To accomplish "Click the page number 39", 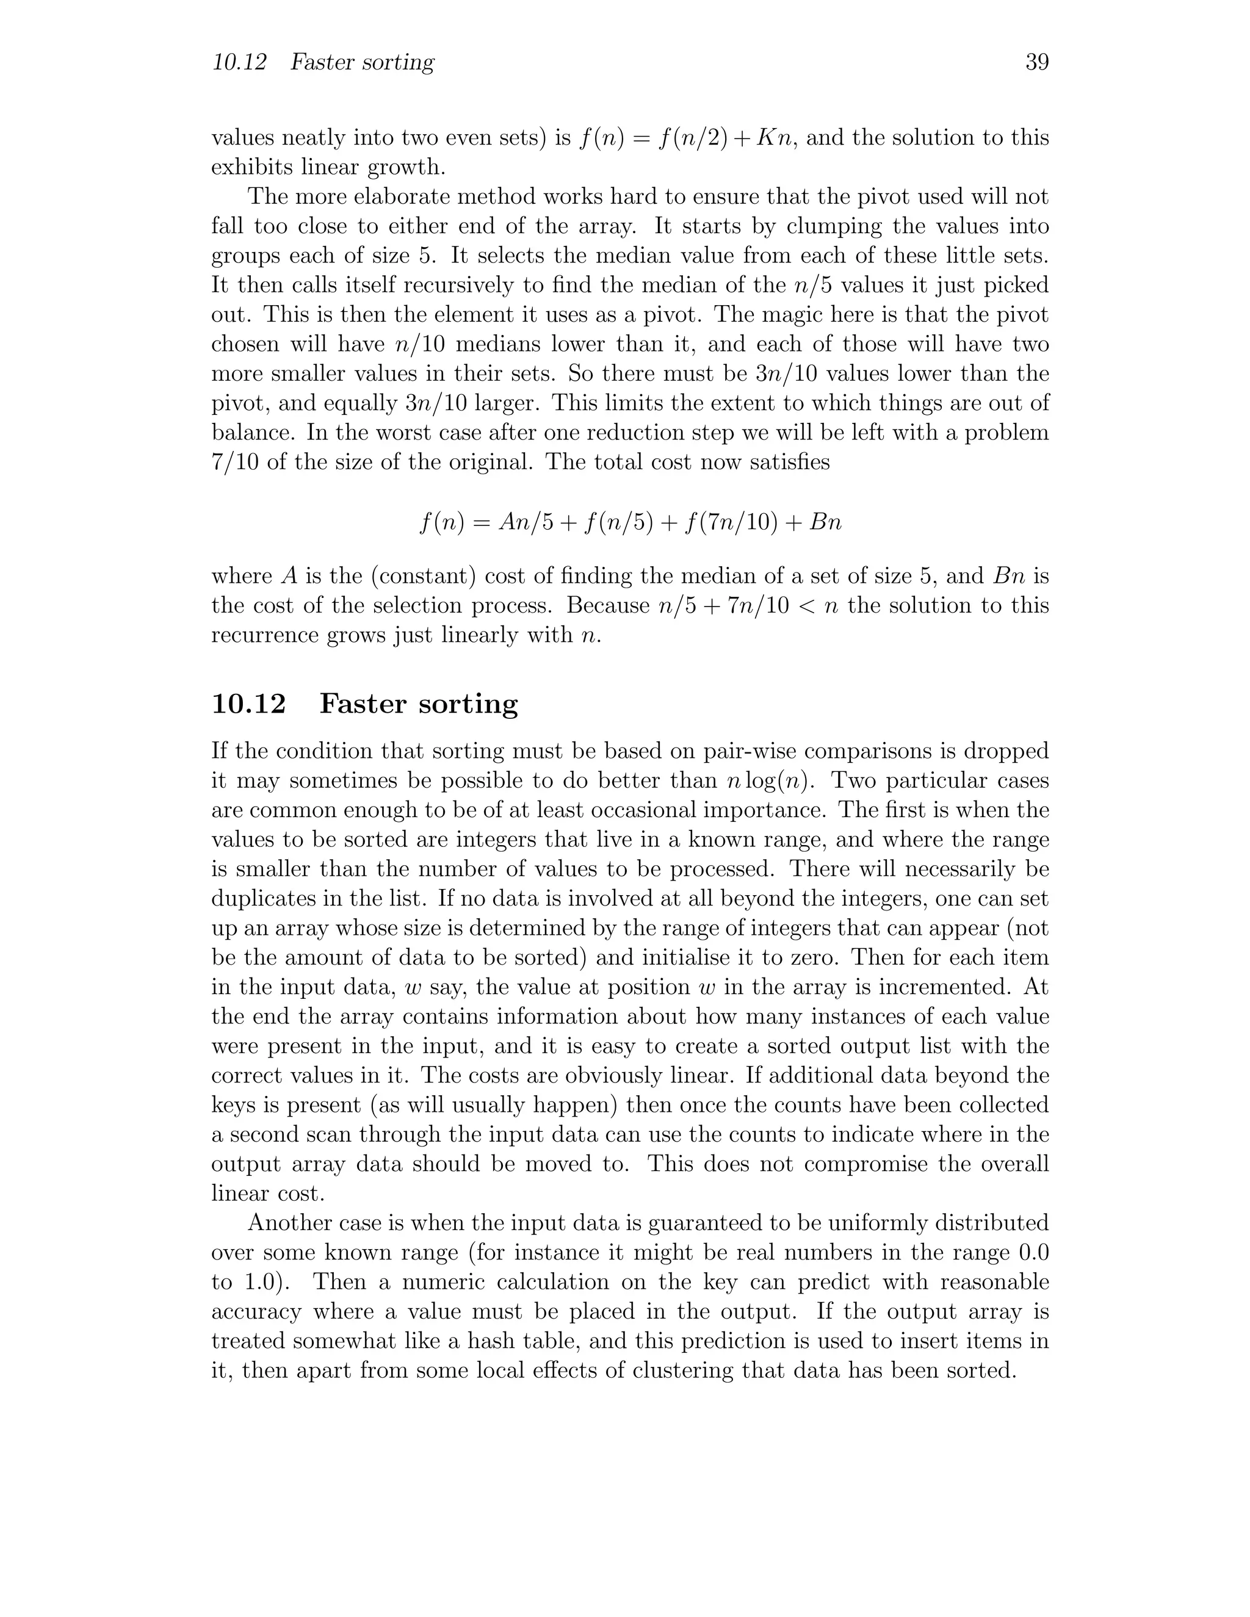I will (x=1037, y=63).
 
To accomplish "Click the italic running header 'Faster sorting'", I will (x=362, y=63).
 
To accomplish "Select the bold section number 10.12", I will (x=248, y=704).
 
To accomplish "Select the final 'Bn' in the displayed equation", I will (x=826, y=524).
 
